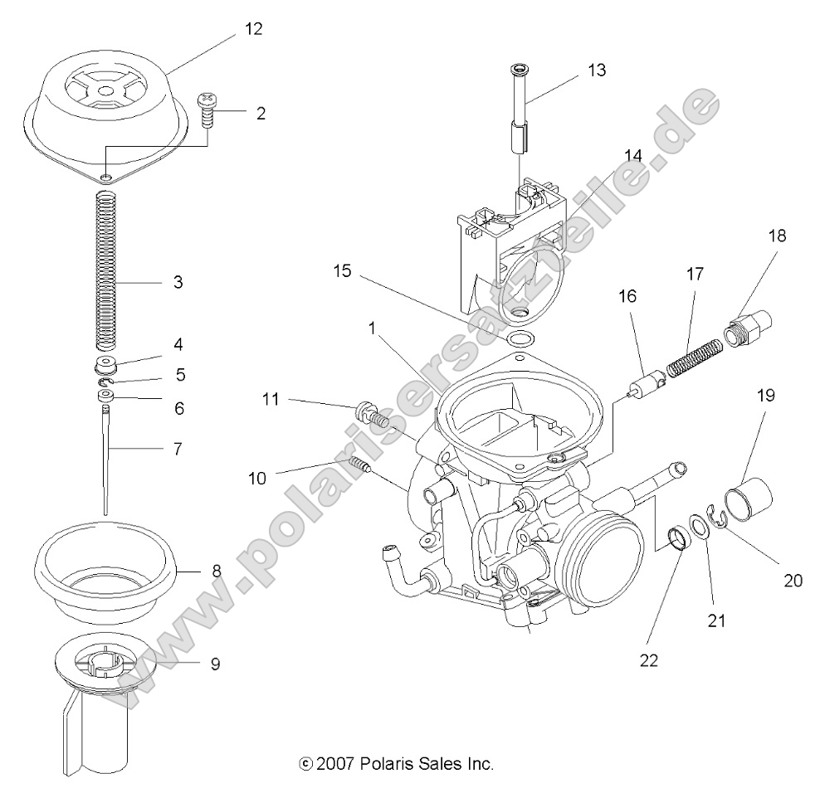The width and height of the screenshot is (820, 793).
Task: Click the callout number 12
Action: (x=252, y=29)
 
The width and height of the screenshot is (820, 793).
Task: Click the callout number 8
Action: (x=216, y=570)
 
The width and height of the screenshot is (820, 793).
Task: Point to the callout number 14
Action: (x=633, y=155)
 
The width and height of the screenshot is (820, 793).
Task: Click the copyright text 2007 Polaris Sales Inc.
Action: (x=395, y=763)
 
